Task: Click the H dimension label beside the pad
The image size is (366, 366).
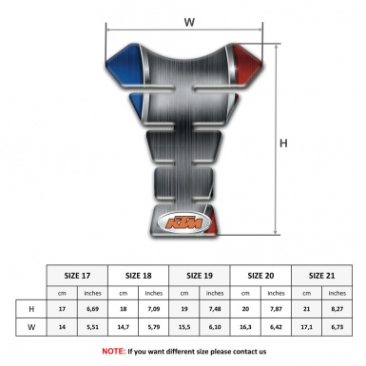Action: coord(282,144)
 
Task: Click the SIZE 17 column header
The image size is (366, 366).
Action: coord(77,276)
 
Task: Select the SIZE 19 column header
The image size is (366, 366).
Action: coord(202,276)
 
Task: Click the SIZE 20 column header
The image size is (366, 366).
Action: coord(263,276)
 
